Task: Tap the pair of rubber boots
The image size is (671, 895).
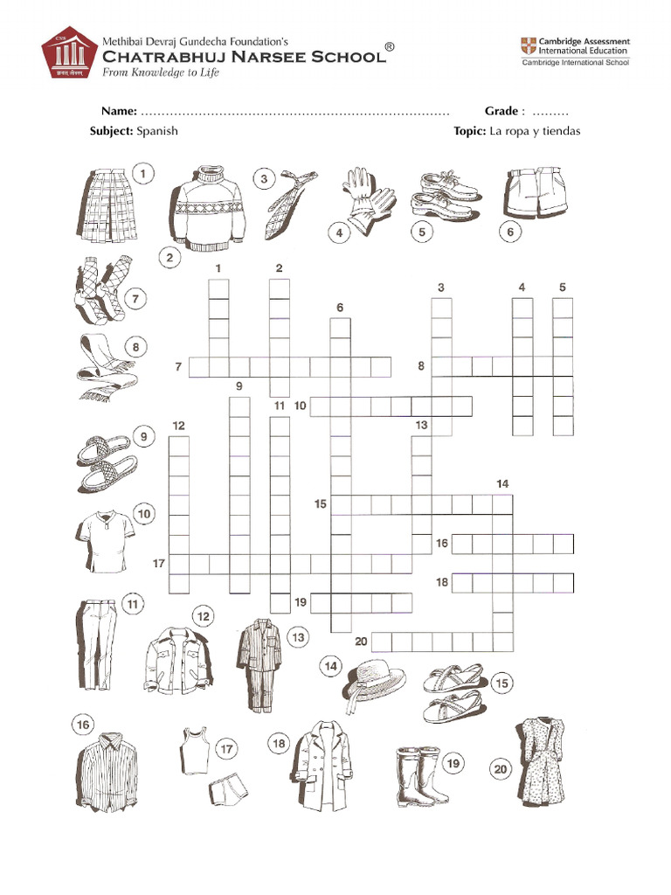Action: pos(416,775)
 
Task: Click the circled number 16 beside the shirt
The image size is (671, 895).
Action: pos(83,725)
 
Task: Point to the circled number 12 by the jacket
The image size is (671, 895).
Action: pos(204,617)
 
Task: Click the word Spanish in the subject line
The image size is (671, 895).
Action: pos(156,131)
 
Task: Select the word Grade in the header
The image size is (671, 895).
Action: pos(502,112)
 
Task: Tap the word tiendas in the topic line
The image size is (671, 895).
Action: pos(560,131)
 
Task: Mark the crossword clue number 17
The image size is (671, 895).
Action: pos(159,564)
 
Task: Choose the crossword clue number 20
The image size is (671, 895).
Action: pos(361,642)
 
